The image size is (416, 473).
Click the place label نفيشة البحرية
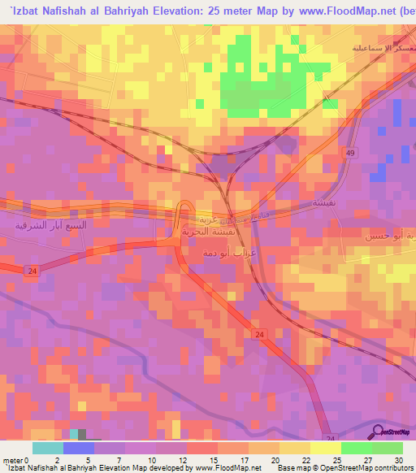pyautogui.click(x=199, y=231)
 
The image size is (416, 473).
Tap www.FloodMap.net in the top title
pyautogui.click(x=334, y=12)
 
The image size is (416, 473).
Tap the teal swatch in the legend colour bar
pyautogui.click(x=48, y=448)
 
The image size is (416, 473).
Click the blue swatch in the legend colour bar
pyautogui.click(x=79, y=448)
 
